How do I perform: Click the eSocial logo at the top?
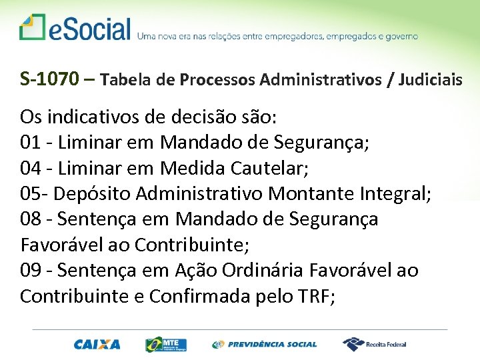[75, 28]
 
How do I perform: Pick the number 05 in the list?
[31, 194]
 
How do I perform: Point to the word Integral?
[394, 194]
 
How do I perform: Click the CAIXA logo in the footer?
[97, 345]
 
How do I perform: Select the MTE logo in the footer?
[166, 344]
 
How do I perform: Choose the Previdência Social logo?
[265, 345]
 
